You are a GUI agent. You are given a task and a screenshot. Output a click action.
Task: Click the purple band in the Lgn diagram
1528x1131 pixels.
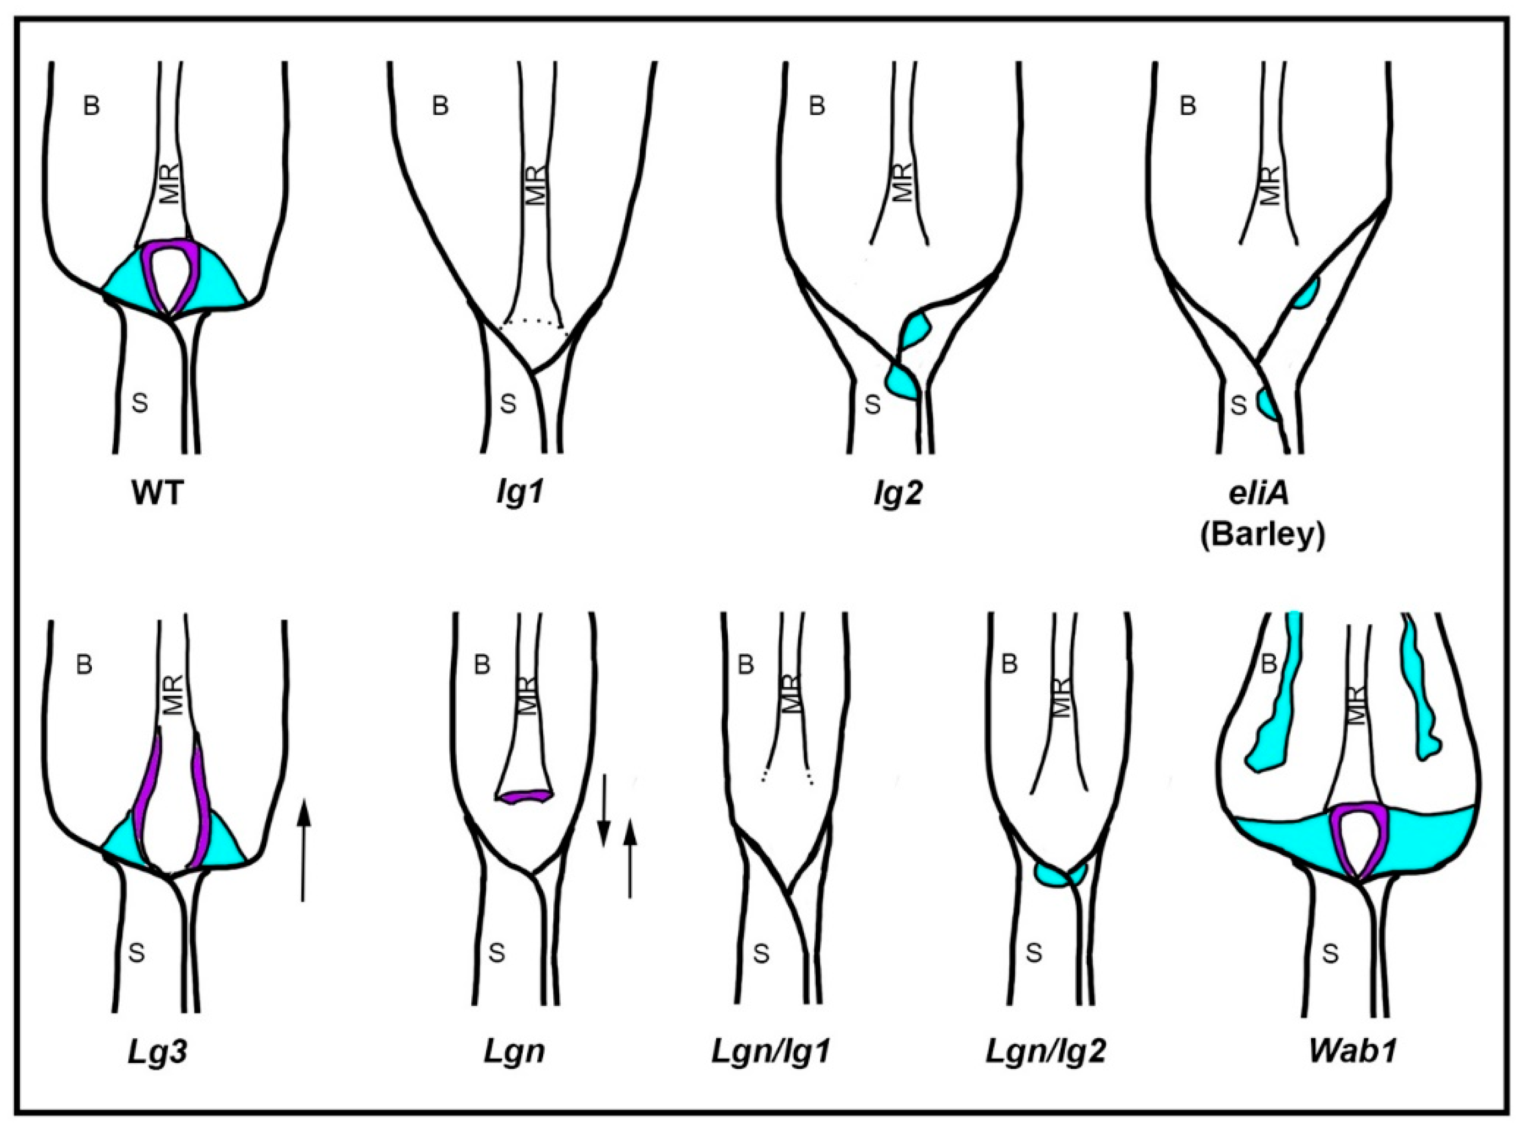[524, 796]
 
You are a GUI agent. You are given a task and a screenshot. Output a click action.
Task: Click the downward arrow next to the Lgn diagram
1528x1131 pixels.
[603, 811]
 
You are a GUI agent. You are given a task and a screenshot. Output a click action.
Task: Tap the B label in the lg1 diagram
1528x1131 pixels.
[440, 107]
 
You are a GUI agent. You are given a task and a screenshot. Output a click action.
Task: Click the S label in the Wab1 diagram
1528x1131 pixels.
[1329, 954]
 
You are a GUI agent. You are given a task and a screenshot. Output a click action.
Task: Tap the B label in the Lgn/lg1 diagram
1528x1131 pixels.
[745, 665]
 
